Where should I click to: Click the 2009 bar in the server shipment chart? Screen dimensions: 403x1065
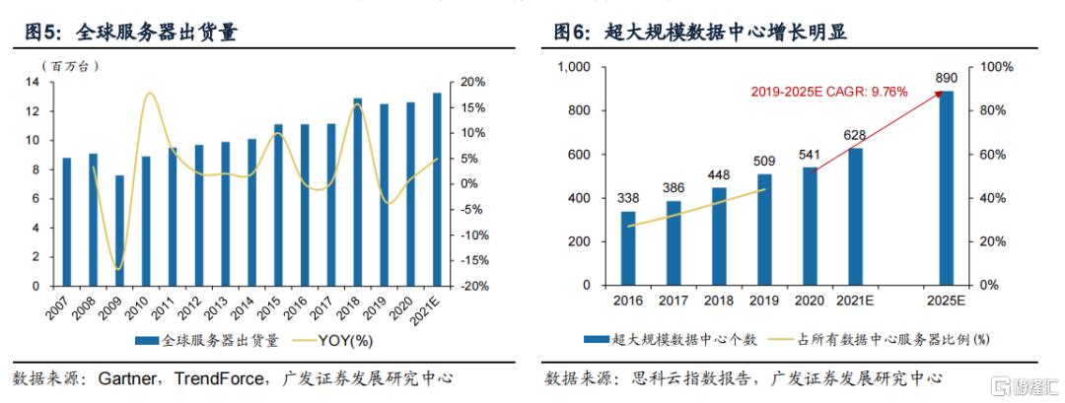[120, 231]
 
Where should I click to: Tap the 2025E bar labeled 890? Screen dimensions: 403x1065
[946, 188]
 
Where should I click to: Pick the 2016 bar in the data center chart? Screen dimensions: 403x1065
[628, 248]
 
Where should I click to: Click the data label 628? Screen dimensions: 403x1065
[854, 134]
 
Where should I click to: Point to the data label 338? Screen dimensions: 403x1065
[628, 198]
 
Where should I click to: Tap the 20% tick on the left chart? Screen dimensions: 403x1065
[472, 82]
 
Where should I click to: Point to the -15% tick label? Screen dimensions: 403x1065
[472, 261]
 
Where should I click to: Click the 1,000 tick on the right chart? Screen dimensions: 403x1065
[573, 67]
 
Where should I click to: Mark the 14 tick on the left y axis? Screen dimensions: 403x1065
[34, 82]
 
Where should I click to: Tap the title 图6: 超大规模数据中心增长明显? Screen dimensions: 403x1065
[701, 33]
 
